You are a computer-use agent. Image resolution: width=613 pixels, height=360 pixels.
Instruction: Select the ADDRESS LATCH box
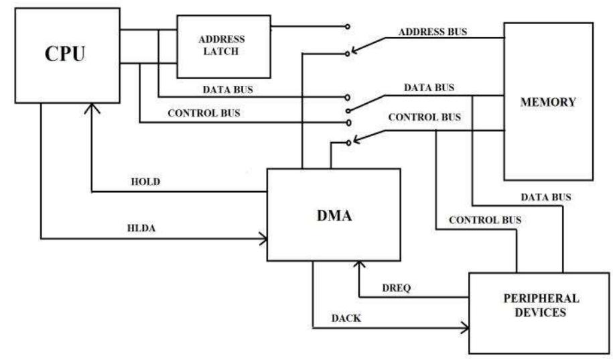pos(223,46)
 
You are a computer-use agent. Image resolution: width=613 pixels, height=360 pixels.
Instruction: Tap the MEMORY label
pos(548,103)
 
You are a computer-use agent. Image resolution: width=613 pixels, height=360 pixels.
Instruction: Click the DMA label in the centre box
pos(333,216)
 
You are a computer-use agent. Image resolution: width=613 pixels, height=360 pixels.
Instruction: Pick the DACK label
pos(346,318)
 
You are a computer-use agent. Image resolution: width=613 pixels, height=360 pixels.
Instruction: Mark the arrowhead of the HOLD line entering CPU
pos(91,107)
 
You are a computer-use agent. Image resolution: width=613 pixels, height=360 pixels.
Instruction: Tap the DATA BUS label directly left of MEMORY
pos(429,88)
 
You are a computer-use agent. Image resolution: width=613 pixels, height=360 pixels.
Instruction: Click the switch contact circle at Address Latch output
pos(346,27)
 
